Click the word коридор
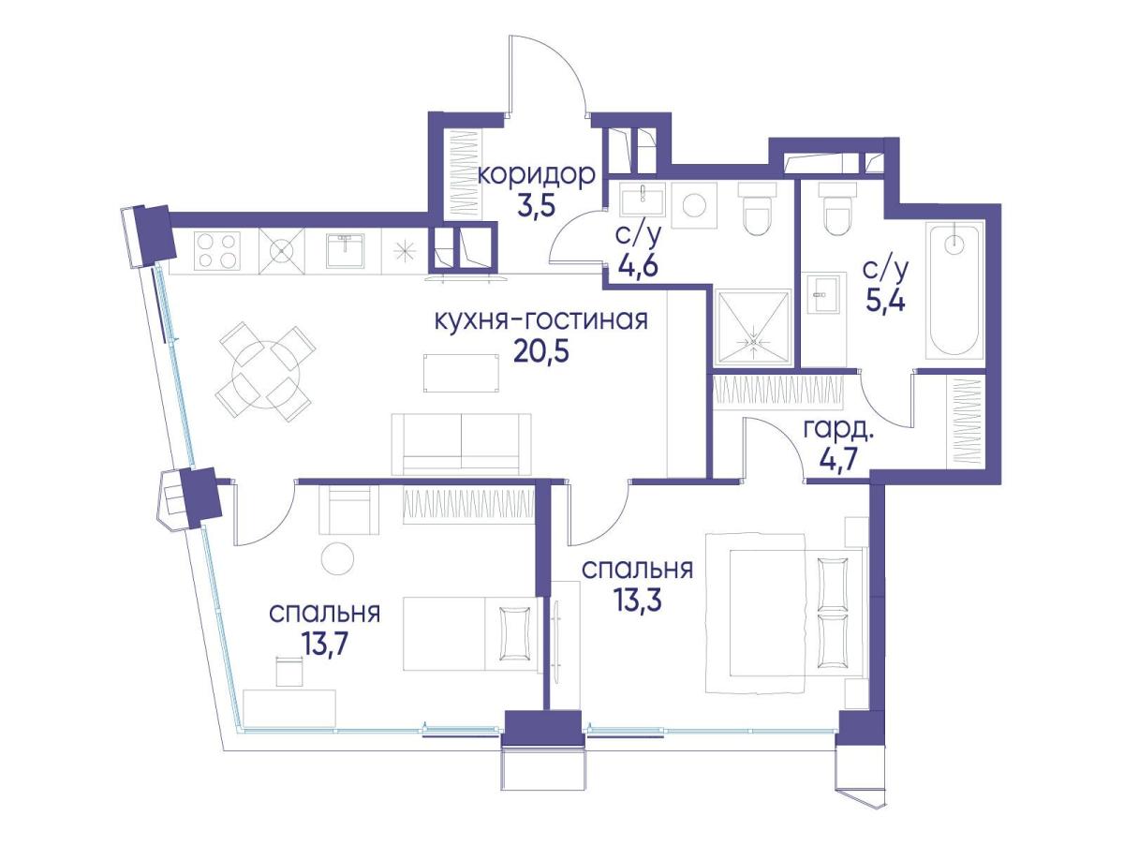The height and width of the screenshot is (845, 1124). click(536, 177)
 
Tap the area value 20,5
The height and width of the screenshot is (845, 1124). click(541, 352)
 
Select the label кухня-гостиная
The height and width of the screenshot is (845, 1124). click(541, 321)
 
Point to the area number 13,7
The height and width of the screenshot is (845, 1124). click(325, 644)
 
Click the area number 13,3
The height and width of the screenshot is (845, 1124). click(638, 600)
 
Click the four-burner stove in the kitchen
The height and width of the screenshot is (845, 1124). click(217, 250)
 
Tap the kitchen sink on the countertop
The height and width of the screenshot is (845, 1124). click(346, 250)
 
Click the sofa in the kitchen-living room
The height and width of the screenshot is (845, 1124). click(461, 444)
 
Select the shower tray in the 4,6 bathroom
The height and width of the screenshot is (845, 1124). click(753, 328)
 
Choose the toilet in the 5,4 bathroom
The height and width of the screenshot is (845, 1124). click(836, 208)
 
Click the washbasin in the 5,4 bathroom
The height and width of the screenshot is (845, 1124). click(824, 293)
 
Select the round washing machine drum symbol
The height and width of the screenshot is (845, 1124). click(694, 206)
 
